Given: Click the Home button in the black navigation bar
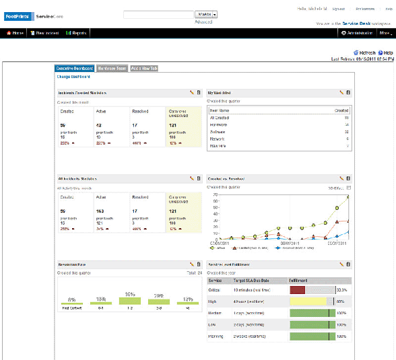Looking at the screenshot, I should (x=15, y=32).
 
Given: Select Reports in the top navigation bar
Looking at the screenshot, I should (x=77, y=32).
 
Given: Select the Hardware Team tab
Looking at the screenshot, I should (x=112, y=69).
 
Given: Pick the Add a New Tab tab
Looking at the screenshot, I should (x=145, y=69).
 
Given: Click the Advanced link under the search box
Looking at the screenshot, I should (x=203, y=22).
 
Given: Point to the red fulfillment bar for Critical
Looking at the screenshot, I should (x=298, y=289).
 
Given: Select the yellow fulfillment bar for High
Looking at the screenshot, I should (x=307, y=301).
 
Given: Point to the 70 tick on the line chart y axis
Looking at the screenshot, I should (x=216, y=194).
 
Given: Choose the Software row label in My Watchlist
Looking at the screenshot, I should (x=218, y=132).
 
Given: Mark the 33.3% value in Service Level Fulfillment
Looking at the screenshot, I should (x=341, y=289).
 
